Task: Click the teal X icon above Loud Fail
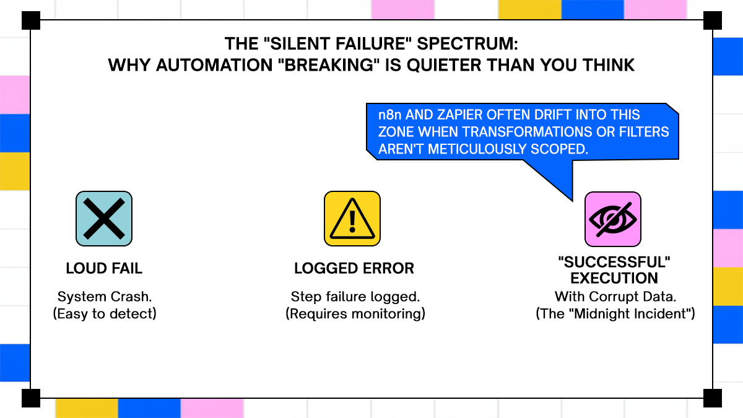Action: tap(104, 219)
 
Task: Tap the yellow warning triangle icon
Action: tap(352, 219)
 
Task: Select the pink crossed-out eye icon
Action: tap(613, 219)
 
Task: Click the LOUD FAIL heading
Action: tap(104, 269)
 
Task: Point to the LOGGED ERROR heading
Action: tap(354, 269)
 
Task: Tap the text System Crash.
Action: tap(104, 297)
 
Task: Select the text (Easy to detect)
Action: tap(104, 314)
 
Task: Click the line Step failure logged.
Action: tap(355, 297)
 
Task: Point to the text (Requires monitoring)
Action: tap(355, 314)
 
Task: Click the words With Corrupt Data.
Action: tap(615, 296)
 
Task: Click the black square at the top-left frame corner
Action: tap(31, 20)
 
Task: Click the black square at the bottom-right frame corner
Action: tap(712, 398)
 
